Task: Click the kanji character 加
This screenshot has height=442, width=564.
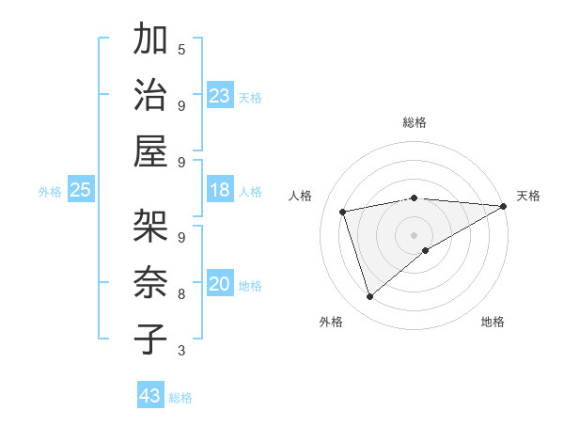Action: point(150,40)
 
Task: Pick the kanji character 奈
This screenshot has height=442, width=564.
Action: point(150,284)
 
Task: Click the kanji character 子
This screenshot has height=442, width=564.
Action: point(150,339)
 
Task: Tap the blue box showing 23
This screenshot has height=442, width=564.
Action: point(220,96)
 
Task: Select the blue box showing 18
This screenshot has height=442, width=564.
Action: point(220,191)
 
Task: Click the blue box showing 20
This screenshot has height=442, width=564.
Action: point(220,285)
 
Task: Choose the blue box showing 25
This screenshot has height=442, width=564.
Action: point(81,191)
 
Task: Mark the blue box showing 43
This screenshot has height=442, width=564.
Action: point(150,396)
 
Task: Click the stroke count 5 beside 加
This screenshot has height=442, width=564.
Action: point(181,48)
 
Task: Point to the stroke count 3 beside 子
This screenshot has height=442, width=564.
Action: point(181,351)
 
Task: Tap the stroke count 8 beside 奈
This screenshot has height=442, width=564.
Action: point(181,293)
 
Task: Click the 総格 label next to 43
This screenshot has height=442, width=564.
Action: point(180,398)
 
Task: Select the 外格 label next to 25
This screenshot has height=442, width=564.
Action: point(50,192)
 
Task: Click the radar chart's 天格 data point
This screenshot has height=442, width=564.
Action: point(503,206)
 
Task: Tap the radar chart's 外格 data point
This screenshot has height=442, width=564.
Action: point(369,297)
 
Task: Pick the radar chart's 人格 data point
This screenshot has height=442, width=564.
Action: point(343,211)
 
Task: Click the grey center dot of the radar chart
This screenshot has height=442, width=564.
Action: point(414,233)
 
